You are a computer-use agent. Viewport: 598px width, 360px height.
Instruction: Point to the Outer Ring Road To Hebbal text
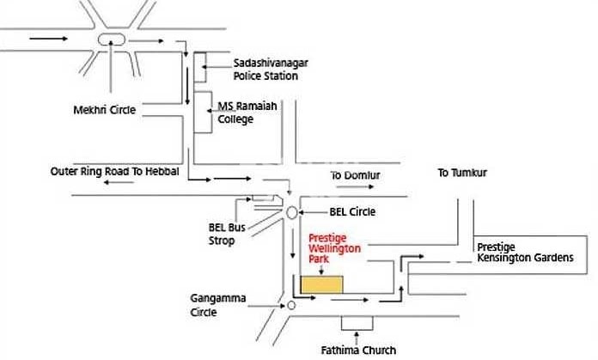(114, 172)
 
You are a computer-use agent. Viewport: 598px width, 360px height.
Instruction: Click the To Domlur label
(356, 175)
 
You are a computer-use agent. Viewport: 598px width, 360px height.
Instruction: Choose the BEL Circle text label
(352, 211)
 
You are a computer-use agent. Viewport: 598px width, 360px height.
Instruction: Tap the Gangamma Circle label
(218, 306)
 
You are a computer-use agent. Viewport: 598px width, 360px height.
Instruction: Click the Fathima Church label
(359, 350)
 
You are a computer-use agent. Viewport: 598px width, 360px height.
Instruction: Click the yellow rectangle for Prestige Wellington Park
(320, 284)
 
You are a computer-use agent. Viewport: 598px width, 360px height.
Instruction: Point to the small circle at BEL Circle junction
(292, 211)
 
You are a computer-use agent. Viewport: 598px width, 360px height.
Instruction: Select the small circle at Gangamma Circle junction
(292, 305)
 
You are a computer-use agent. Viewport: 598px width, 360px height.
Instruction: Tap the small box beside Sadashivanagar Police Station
(199, 70)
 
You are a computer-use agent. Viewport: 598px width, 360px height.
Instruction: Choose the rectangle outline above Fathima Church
(358, 323)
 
